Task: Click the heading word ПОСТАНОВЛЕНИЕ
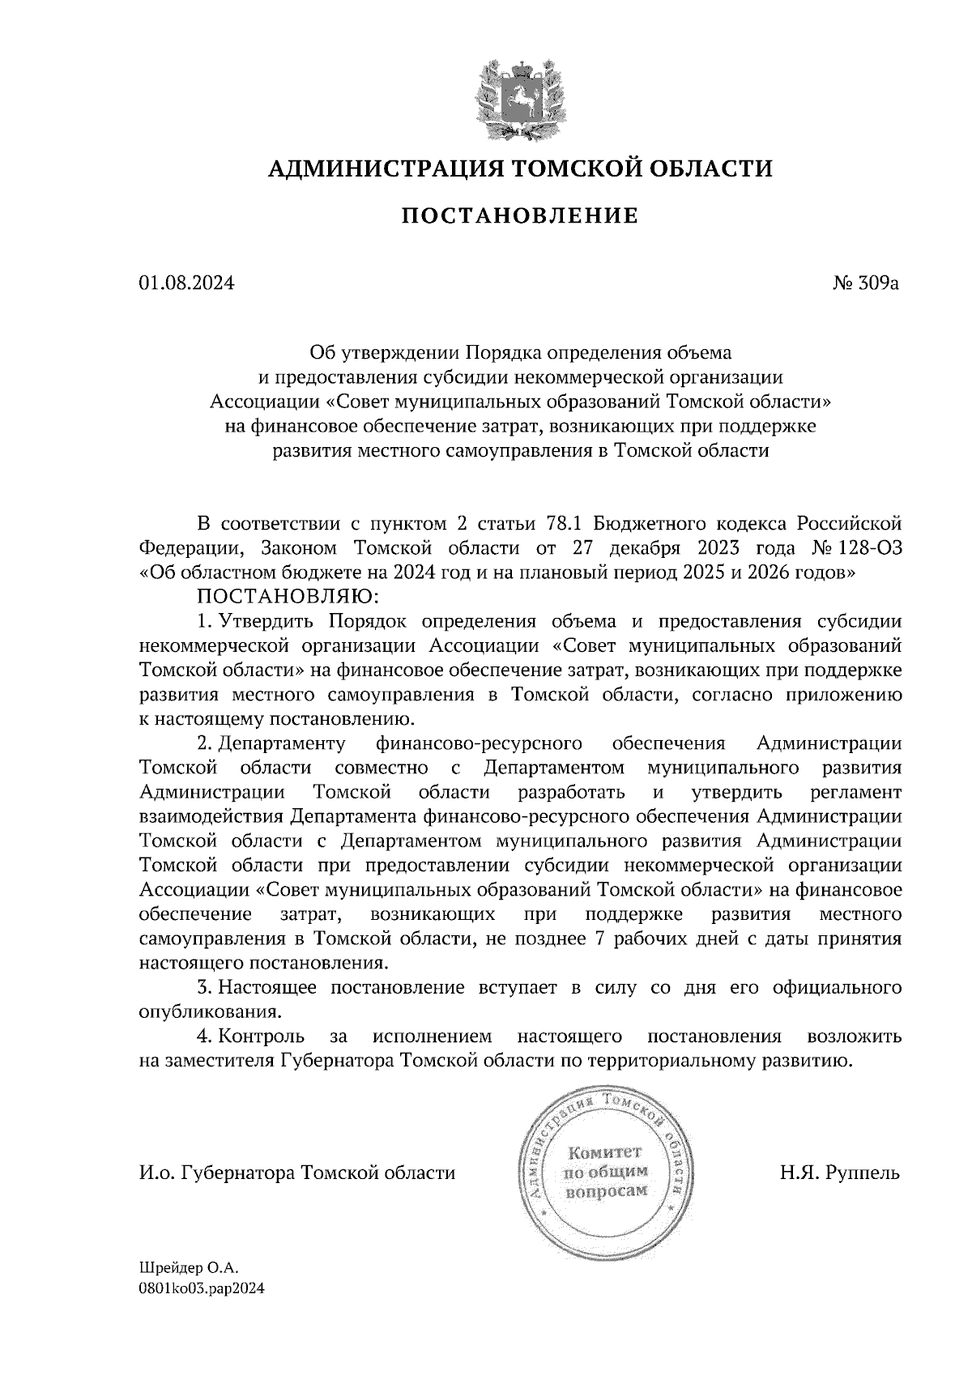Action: (520, 215)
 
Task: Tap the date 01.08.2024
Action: (187, 283)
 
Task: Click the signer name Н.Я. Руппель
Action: (840, 1173)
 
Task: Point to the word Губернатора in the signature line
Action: (237, 1173)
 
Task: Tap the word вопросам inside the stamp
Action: (605, 1191)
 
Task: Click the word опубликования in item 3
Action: (211, 1012)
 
